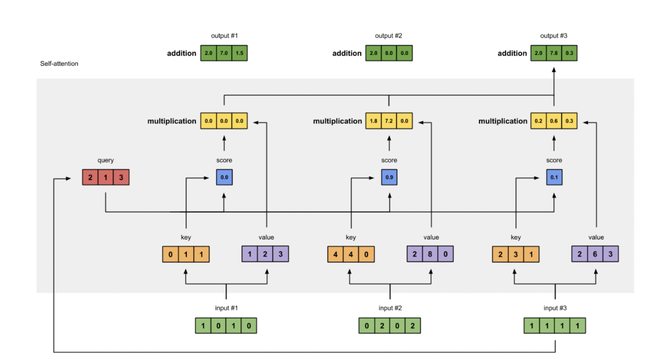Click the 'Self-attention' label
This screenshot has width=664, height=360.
(x=59, y=64)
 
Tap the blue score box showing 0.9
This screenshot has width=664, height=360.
(x=389, y=177)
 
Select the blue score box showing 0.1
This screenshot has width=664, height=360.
(x=554, y=177)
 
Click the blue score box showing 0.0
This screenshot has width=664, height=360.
(x=224, y=177)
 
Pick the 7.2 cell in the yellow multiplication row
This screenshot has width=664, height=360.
(x=389, y=121)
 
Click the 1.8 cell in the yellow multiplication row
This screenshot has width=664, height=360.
(x=373, y=121)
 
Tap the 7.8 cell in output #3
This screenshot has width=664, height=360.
(x=554, y=53)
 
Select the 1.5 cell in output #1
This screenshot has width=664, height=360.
(x=239, y=53)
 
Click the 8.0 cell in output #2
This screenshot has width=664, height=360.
(x=389, y=53)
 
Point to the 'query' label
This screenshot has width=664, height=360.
(x=106, y=160)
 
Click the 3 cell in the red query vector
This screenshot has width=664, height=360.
(x=121, y=177)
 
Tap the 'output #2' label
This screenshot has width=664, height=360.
(x=388, y=36)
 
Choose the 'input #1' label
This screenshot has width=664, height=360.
(x=226, y=308)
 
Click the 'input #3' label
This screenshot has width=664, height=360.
(x=555, y=308)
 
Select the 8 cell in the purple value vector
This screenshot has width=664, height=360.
(x=430, y=254)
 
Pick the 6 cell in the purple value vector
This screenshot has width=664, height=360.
(x=595, y=254)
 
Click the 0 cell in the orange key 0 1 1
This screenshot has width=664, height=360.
(x=170, y=254)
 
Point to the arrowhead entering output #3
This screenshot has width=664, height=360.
(x=554, y=70)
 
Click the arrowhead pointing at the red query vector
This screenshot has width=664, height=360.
(x=68, y=179)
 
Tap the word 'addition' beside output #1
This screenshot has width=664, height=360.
(x=181, y=53)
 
